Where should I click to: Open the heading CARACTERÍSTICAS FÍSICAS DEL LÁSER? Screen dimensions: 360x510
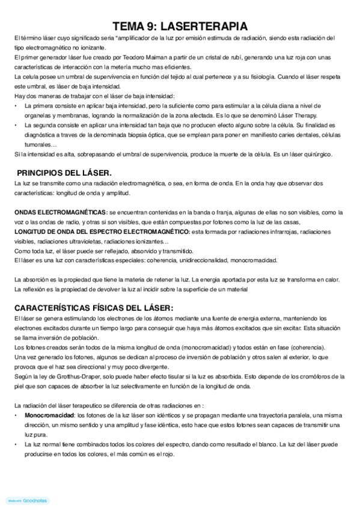click(93, 307)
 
